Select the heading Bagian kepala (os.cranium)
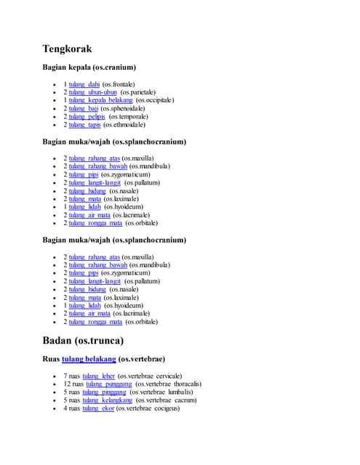point(89,68)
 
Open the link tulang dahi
point(84,84)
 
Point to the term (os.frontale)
point(119,84)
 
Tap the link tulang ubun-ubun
point(93,92)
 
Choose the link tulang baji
point(83,108)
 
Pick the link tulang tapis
point(84,124)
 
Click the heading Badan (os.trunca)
point(83,340)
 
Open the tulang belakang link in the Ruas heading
point(89,358)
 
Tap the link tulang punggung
point(108,384)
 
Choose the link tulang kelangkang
point(107,400)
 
